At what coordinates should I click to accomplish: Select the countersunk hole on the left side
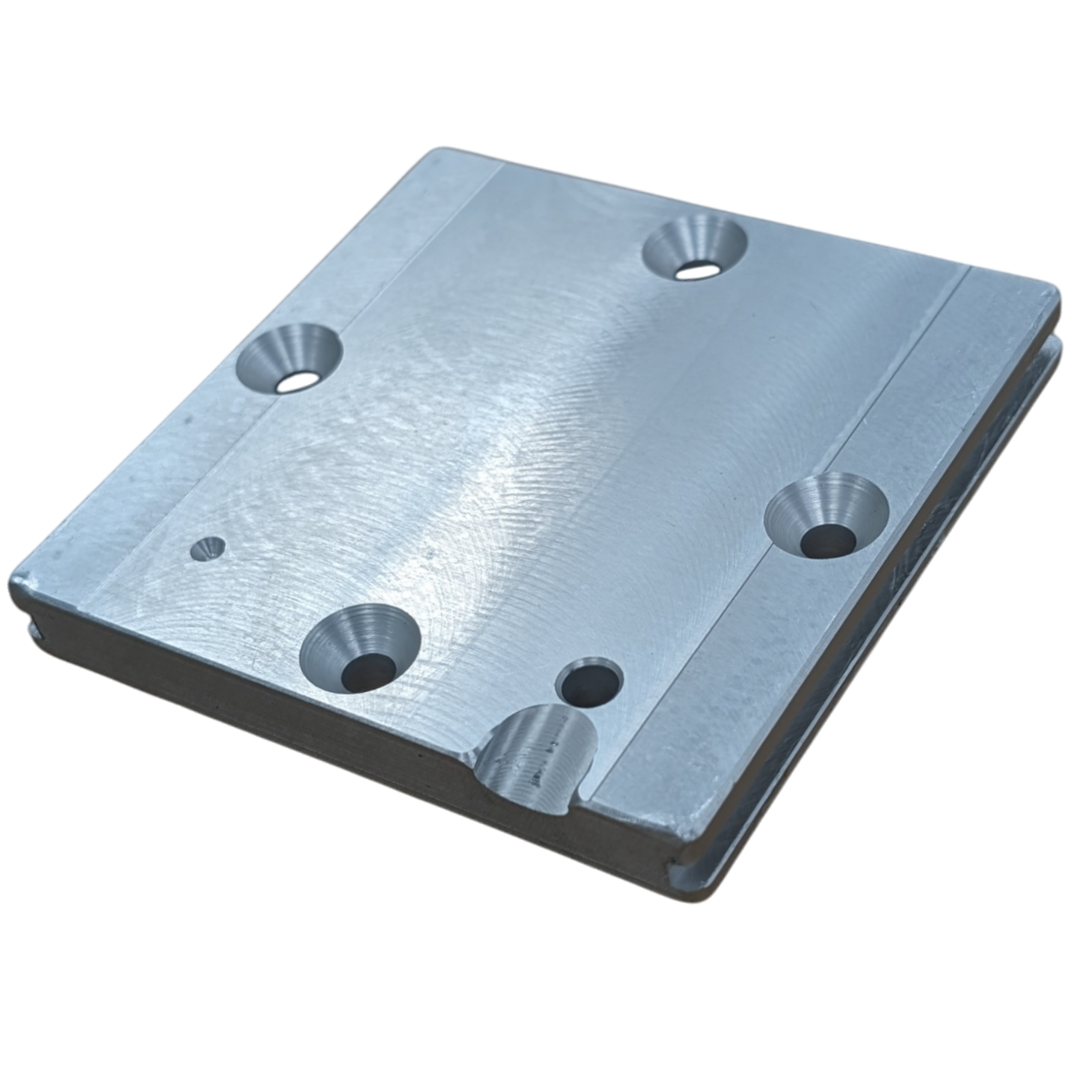click(290, 358)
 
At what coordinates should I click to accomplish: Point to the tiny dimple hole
click(207, 549)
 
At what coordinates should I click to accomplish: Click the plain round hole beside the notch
click(591, 681)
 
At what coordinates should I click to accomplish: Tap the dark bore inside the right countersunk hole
click(827, 539)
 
